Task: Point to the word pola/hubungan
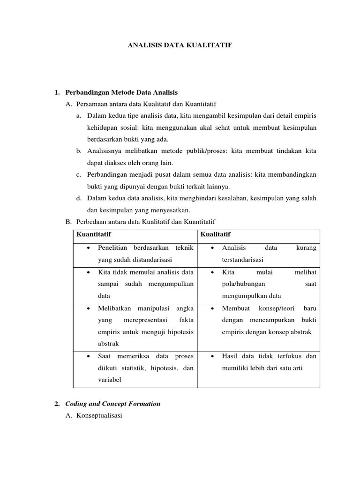pyautogui.click(x=243, y=284)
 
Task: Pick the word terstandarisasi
pyautogui.click(x=243, y=259)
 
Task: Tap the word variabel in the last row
pyautogui.click(x=110, y=380)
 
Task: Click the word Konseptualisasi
pyautogui.click(x=98, y=415)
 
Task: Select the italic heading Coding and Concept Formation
pyautogui.click(x=112, y=404)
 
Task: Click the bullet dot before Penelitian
pyautogui.click(x=89, y=247)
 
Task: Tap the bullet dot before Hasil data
pyautogui.click(x=213, y=356)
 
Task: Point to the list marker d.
pyautogui.click(x=79, y=198)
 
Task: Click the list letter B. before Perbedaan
pyautogui.click(x=67, y=221)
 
